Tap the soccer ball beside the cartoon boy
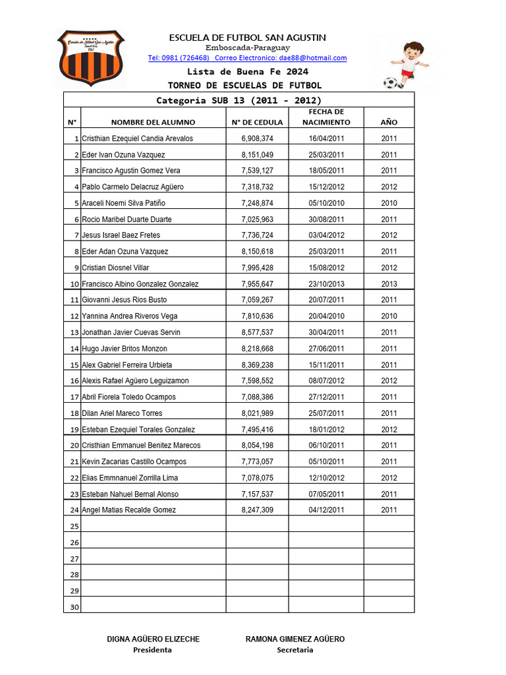click(x=391, y=83)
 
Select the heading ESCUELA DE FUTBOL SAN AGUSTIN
click(x=247, y=38)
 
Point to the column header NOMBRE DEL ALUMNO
click(x=153, y=123)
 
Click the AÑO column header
click(x=389, y=123)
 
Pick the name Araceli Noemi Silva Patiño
click(x=124, y=203)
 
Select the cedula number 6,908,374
click(x=257, y=138)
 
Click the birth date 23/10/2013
click(x=326, y=284)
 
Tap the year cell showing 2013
click(x=389, y=284)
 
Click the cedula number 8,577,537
click(x=257, y=333)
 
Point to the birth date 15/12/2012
click(x=326, y=187)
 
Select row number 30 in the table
click(x=74, y=607)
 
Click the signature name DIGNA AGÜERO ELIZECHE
click(x=153, y=639)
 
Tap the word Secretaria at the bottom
click(x=295, y=650)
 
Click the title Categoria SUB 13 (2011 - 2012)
click(x=239, y=101)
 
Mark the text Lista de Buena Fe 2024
click(x=247, y=72)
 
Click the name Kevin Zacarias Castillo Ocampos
click(x=134, y=462)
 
